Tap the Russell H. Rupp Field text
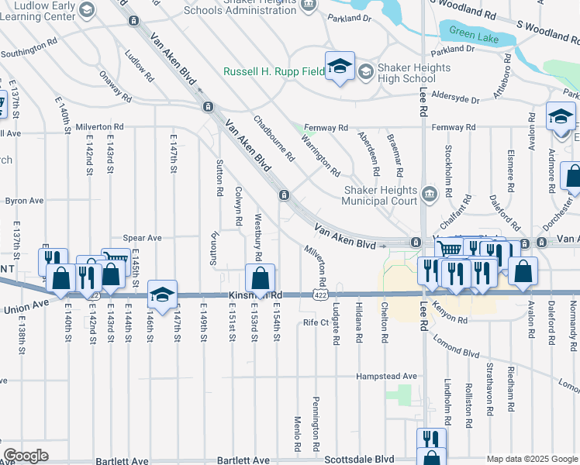pyautogui.click(x=274, y=71)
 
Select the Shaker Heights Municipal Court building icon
pyautogui.click(x=430, y=192)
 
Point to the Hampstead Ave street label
pyautogui.click(x=386, y=376)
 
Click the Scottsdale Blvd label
pyautogui.click(x=359, y=459)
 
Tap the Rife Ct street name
pyautogui.click(x=316, y=322)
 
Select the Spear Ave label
pyautogui.click(x=142, y=238)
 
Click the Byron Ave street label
pyautogui.click(x=24, y=201)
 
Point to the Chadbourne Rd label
pyautogui.click(x=274, y=138)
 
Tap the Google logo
pyautogui.click(x=26, y=455)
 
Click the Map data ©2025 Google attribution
pyautogui.click(x=532, y=460)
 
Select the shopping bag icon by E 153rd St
pyautogui.click(x=260, y=277)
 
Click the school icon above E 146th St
pyautogui.click(x=163, y=294)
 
